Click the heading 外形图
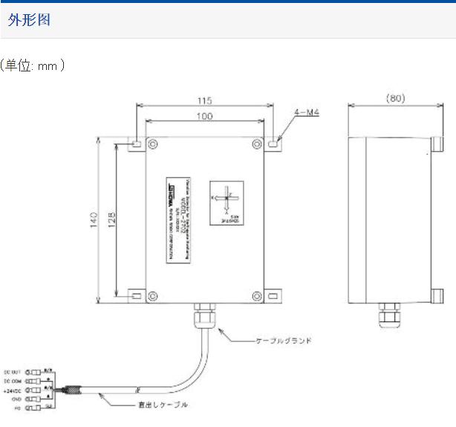click(29, 21)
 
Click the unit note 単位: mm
click(33, 66)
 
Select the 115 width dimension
click(205, 100)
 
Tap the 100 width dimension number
click(205, 115)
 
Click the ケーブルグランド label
click(283, 341)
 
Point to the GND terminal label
click(16, 399)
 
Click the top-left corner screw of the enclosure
click(151, 143)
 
